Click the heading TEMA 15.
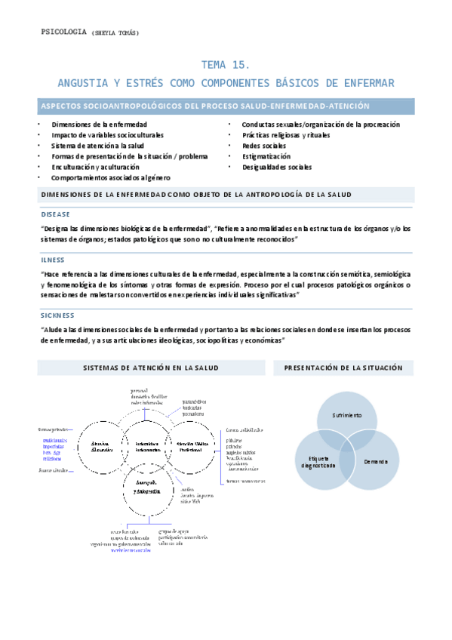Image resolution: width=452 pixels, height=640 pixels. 226,65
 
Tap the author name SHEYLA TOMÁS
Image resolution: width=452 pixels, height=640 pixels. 115,32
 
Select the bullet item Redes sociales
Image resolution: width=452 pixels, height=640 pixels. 263,146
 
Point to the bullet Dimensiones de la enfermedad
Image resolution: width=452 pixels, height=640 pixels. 99,124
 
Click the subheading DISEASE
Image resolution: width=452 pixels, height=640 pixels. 55,214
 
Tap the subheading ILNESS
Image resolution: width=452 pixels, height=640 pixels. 53,260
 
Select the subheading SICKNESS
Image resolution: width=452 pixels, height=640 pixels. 57,315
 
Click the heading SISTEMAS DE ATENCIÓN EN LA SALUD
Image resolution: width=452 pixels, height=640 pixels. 151,368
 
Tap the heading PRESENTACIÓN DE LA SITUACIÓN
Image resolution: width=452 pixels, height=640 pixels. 343,368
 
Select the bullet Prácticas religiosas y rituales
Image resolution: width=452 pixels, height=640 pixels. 286,135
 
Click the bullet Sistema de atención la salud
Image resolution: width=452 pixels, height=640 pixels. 97,146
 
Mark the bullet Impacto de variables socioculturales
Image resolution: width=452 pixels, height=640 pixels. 107,135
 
